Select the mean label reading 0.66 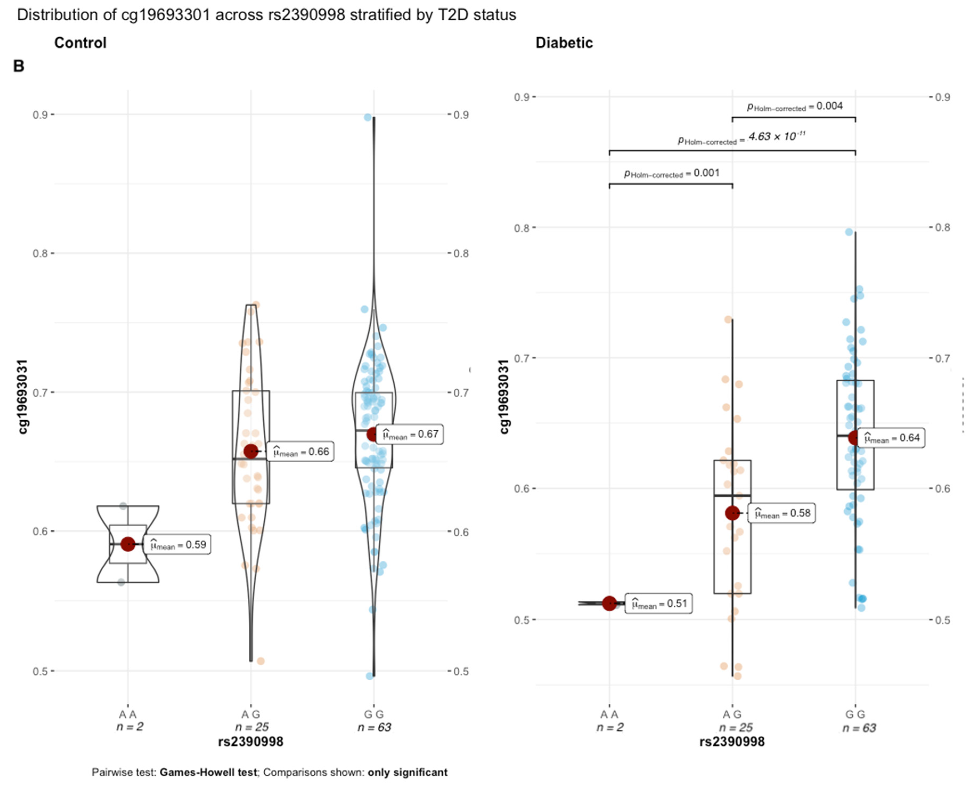point(300,452)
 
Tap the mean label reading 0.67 point(410,434)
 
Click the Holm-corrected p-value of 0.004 point(795,106)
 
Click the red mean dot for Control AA point(128,544)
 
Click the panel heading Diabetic point(564,43)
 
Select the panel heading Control point(80,43)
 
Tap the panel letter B point(19,66)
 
